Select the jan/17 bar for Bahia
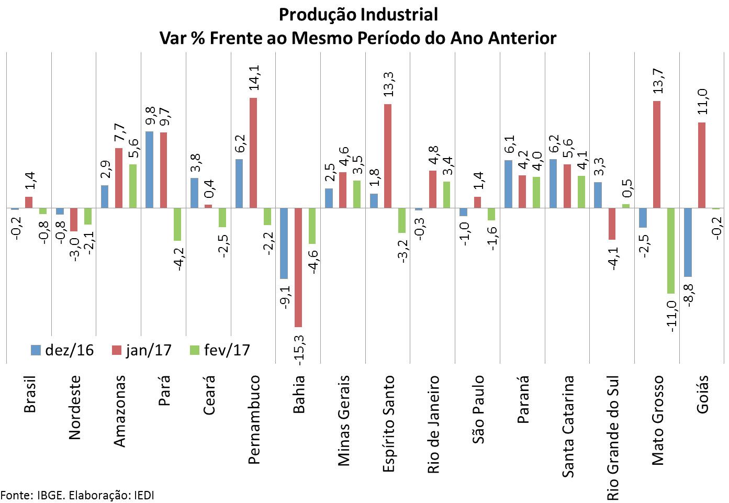tap(298, 267)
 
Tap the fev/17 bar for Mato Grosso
tap(671, 251)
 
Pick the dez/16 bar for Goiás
tap(688, 242)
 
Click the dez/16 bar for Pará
tap(149, 170)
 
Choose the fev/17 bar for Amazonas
tap(133, 186)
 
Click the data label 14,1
tap(254, 77)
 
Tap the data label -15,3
tap(299, 349)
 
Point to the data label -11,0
tap(672, 313)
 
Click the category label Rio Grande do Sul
tap(613, 437)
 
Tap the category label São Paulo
tap(478, 409)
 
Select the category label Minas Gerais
tap(344, 420)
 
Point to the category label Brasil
tap(30, 394)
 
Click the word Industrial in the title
tap(398, 15)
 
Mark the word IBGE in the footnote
tap(51, 495)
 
